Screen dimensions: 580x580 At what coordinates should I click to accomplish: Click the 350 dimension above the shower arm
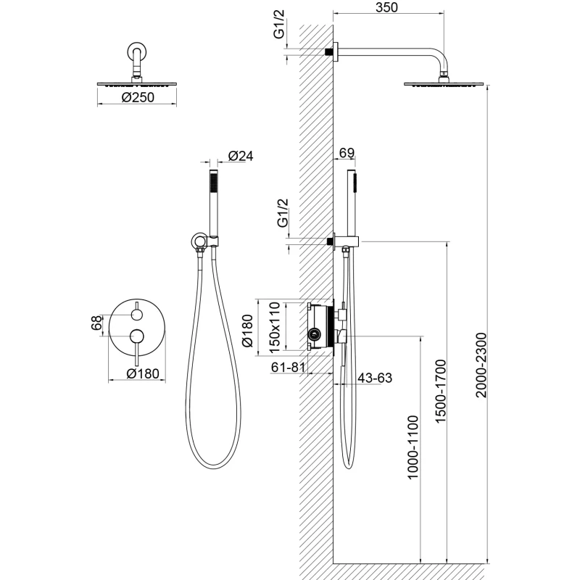(386, 7)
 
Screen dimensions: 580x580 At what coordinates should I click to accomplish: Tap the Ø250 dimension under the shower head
(138, 97)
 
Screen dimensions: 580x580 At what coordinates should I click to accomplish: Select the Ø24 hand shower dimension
(241, 156)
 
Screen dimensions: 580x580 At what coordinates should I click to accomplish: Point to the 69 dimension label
(347, 152)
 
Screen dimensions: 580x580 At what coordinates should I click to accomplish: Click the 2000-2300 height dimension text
(481, 365)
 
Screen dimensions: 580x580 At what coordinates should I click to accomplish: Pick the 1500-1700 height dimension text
(441, 391)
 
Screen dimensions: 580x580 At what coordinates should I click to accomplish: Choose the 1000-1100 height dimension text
(413, 447)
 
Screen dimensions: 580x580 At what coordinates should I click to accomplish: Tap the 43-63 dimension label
(375, 378)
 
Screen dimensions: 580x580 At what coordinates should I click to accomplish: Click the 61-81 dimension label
(288, 367)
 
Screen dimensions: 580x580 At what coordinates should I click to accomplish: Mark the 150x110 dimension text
(275, 328)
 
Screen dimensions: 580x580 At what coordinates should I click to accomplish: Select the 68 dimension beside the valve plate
(96, 323)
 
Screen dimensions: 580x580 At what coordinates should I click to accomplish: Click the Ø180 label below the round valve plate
(143, 373)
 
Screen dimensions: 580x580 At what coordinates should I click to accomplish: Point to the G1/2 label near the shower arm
(279, 24)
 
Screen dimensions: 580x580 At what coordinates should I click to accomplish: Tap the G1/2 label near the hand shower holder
(283, 212)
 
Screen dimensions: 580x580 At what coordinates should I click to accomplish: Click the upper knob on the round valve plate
(137, 315)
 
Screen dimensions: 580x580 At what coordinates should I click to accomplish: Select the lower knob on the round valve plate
(137, 336)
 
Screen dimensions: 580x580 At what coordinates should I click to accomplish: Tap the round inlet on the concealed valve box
(315, 335)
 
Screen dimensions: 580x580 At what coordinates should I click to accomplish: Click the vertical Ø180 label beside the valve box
(247, 331)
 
